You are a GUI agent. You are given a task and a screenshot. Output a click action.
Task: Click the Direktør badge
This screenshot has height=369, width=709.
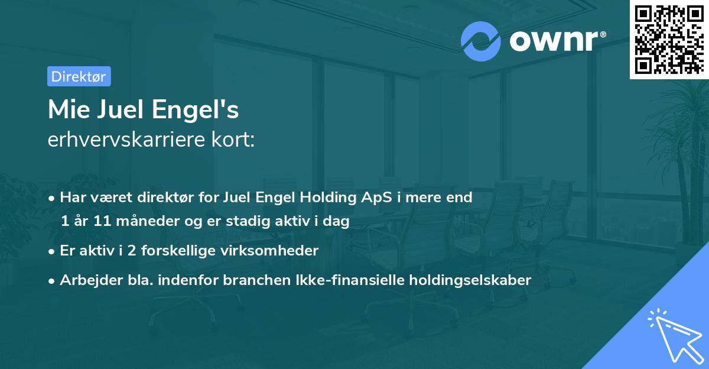tap(79, 76)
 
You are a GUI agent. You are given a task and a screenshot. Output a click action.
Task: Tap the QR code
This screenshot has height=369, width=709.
tap(669, 40)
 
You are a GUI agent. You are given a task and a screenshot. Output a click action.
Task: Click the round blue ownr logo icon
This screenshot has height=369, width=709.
tap(481, 41)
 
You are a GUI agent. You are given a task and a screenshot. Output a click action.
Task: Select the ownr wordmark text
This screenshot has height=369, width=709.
tap(555, 40)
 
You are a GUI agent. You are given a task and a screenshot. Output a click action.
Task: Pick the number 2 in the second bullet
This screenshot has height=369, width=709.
tap(132, 251)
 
